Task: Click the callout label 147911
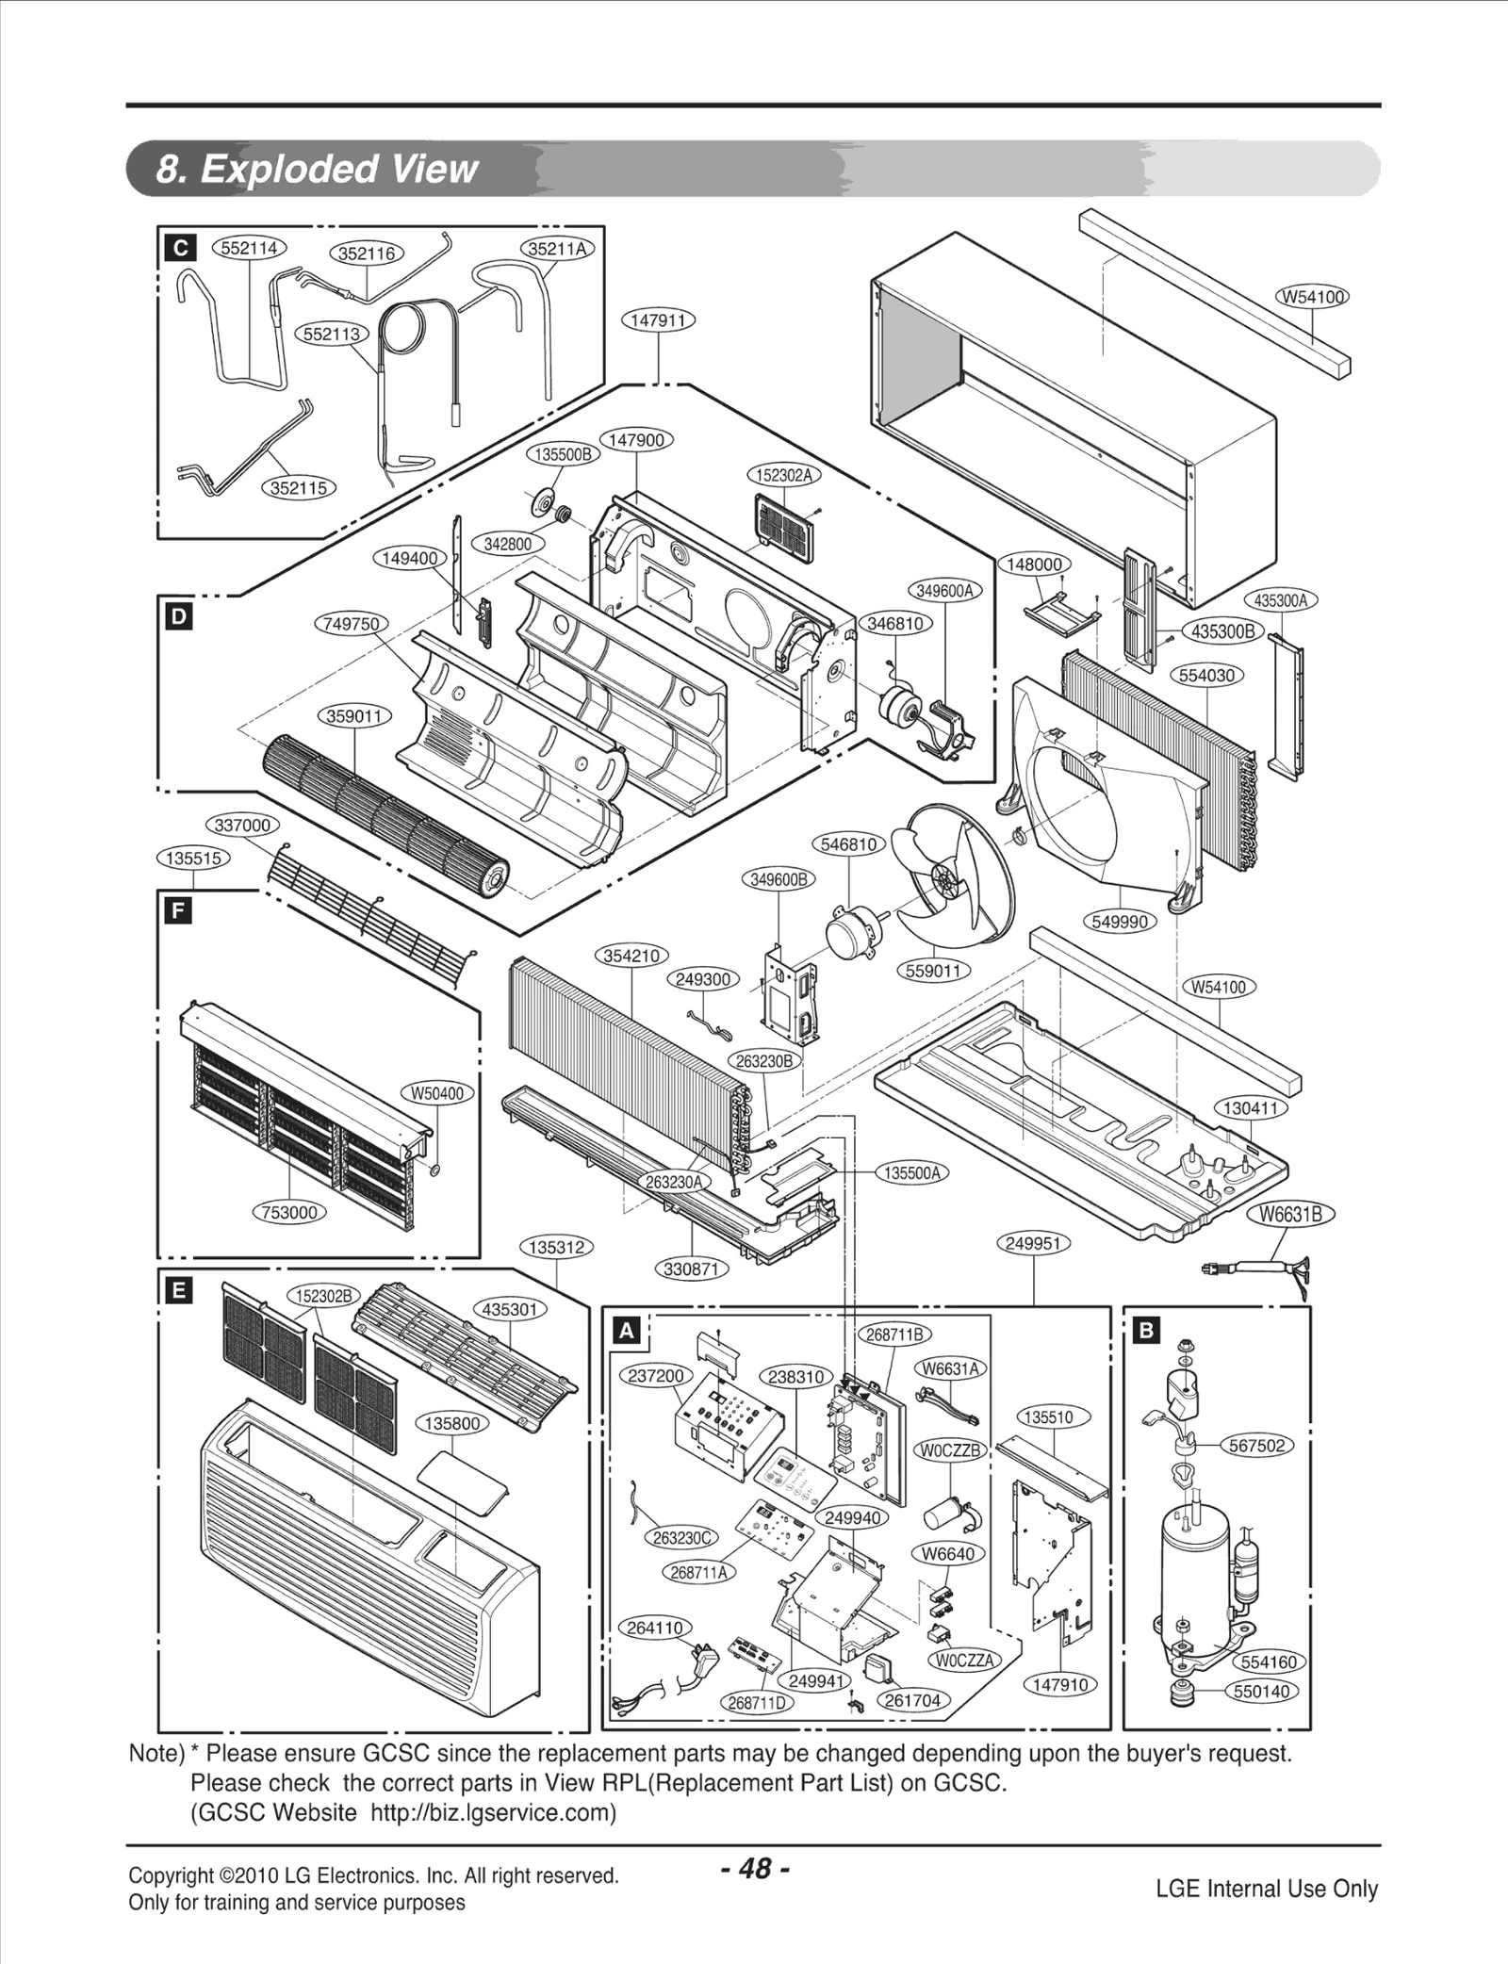tap(658, 320)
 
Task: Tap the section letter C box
tap(179, 248)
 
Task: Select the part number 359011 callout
tap(354, 716)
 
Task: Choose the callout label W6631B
tap(1297, 1215)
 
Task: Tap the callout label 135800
tap(452, 1423)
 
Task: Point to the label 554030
tap(1207, 676)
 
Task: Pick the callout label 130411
tap(1251, 1108)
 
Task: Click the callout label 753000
tap(288, 1212)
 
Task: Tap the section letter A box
tap(627, 1331)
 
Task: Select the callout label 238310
tap(796, 1377)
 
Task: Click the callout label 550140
tap(1261, 1691)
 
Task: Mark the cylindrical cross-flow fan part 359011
tap(386, 815)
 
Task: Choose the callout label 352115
tap(299, 488)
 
